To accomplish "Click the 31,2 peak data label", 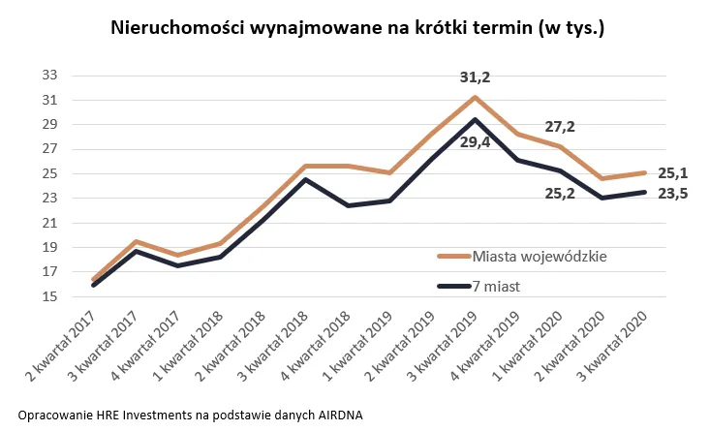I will click(474, 77).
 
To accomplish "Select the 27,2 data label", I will click(560, 126).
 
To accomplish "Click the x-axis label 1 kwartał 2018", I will click(186, 345).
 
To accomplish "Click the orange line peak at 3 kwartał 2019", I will click(474, 97).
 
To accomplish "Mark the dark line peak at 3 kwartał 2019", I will click(474, 119).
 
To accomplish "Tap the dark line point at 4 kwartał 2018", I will click(347, 205).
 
